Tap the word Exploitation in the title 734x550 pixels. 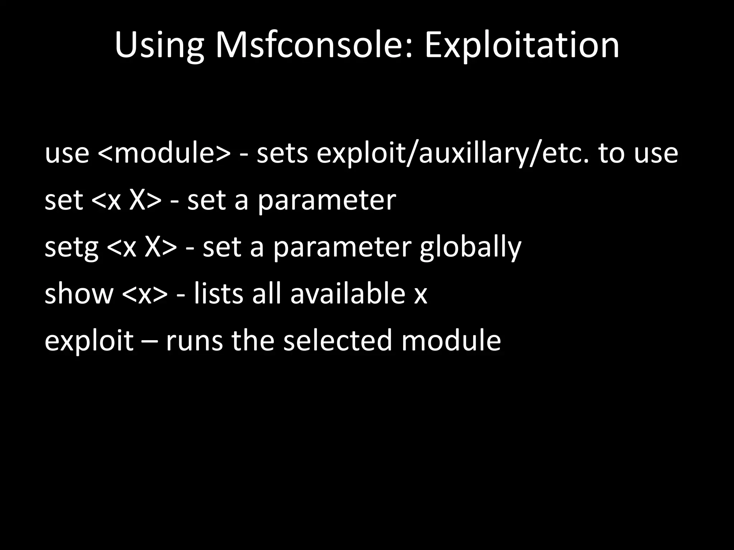(522, 46)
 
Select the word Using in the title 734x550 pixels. (159, 46)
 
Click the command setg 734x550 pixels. (71, 247)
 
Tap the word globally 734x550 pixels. (470, 247)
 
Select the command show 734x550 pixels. (79, 294)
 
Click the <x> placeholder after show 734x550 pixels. (144, 294)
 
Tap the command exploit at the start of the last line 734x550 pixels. (89, 341)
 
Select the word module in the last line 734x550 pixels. (451, 341)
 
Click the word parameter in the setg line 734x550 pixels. (342, 247)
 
